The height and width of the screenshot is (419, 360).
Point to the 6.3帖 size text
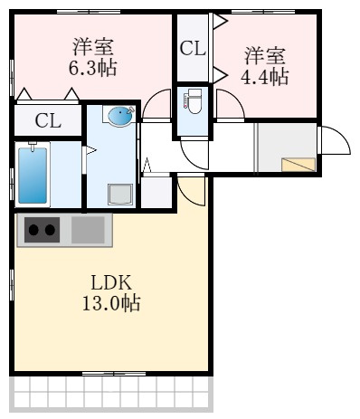click(x=93, y=68)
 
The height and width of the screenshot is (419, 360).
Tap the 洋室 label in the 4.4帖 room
click(x=264, y=55)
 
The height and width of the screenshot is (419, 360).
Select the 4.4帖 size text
click(x=264, y=76)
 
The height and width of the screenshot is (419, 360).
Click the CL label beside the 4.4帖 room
click(x=192, y=49)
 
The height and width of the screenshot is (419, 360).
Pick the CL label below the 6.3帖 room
click(x=48, y=120)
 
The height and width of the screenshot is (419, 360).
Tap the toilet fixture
click(x=193, y=104)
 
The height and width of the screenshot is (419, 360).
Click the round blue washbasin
click(x=119, y=116)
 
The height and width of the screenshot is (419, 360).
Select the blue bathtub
click(x=33, y=174)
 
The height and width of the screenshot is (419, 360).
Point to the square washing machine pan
click(x=119, y=195)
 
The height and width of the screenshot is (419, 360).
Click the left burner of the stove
click(x=33, y=230)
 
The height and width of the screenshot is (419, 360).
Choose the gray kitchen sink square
click(x=88, y=229)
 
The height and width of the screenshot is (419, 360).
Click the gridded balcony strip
click(x=110, y=392)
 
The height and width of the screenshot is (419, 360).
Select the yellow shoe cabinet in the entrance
click(x=298, y=164)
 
